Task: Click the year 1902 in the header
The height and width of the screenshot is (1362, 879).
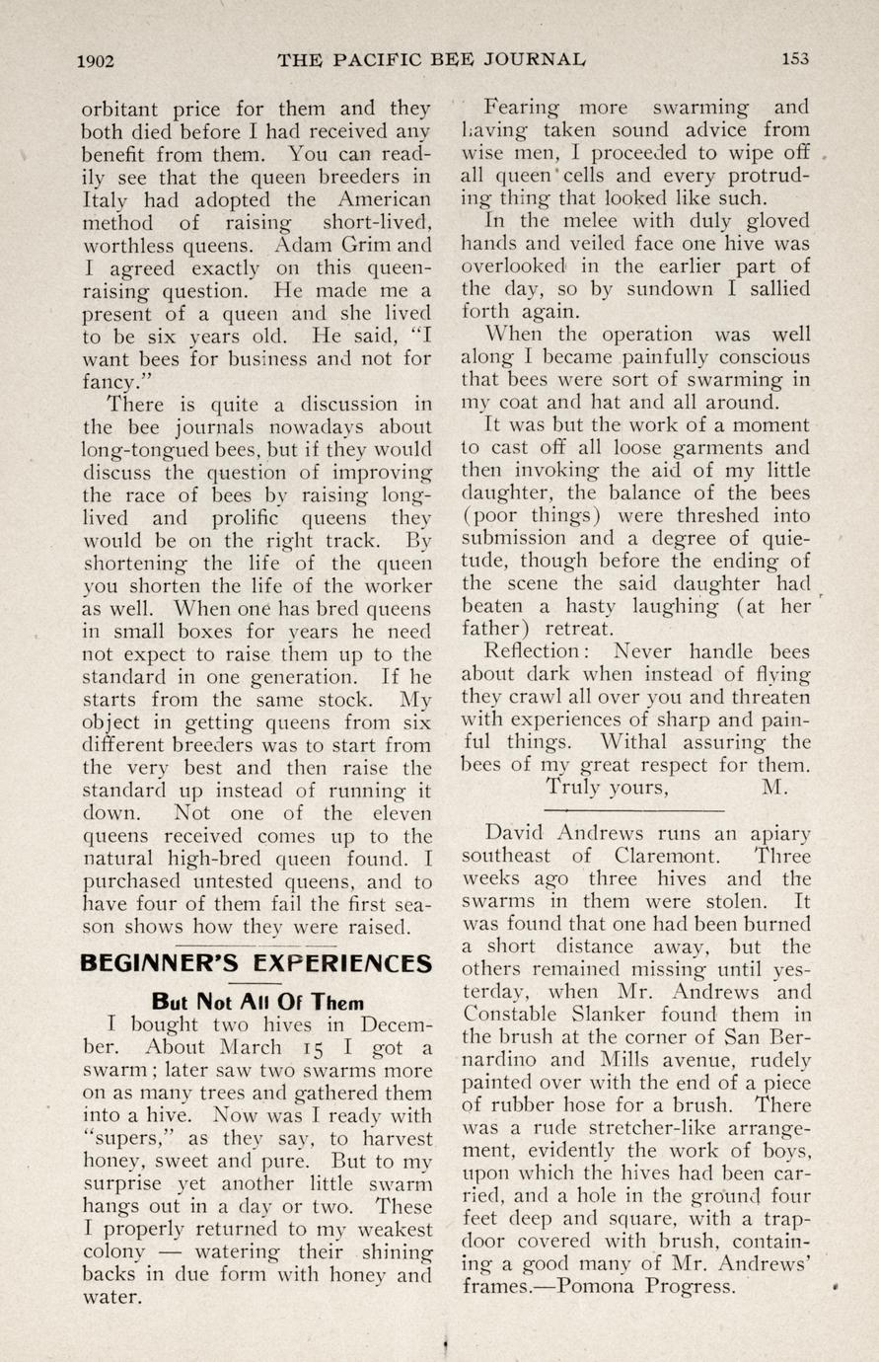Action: [97, 59]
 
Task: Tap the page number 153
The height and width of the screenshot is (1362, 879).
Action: [795, 58]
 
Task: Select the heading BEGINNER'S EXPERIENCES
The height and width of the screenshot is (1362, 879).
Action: [256, 962]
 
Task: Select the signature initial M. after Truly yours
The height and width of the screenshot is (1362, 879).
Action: [773, 788]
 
